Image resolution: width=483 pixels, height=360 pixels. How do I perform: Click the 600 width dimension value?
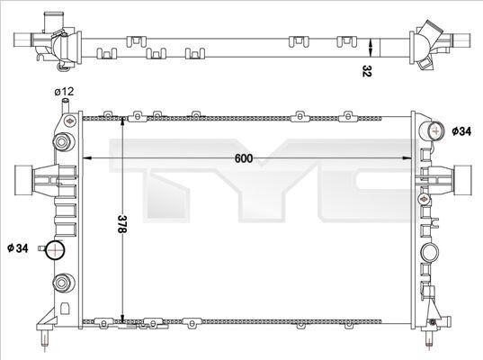(244, 158)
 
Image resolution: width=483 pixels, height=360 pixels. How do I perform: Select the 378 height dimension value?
(122, 223)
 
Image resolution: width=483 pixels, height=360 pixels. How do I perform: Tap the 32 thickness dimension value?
(367, 71)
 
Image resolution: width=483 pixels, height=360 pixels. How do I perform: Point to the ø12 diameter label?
(64, 92)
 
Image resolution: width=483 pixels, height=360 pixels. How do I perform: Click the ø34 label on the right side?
(461, 131)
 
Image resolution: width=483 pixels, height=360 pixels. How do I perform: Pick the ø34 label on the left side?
(18, 247)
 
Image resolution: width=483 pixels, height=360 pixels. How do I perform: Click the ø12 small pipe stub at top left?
(66, 105)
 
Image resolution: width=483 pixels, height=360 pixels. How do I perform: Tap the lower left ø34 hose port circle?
(55, 250)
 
